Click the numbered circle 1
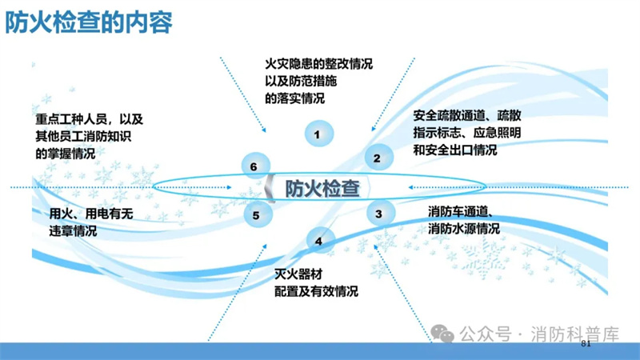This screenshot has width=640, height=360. pos(318,134)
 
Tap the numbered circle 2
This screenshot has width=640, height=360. pos(378,158)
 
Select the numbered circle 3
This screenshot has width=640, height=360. pos(380,213)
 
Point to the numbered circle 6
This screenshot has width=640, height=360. pos(255,166)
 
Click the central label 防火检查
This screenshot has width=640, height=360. pos(322,189)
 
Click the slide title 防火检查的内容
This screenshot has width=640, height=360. pos(89,22)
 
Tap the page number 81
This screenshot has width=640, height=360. pos(586,343)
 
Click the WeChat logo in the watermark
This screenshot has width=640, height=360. pos(442,334)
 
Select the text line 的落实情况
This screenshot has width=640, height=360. pos(294,98)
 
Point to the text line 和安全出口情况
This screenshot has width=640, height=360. pos(455,150)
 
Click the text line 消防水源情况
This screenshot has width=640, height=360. pos(464,229)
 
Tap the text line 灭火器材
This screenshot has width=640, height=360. pos(298,274)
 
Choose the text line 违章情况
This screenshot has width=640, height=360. pos(73,231)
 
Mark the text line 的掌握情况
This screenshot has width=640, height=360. pos(66,154)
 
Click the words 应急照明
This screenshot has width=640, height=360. pos(497,133)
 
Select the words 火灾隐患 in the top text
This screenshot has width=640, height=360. pos(289,64)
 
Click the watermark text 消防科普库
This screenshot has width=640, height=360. pos(574,334)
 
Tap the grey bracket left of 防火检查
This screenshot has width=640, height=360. pos(270,188)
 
